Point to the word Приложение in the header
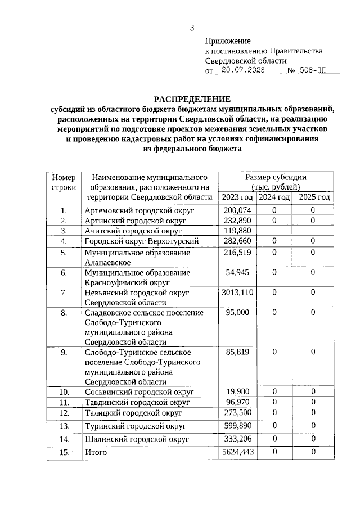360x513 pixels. (227, 40)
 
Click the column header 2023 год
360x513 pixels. (237, 197)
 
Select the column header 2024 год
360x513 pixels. (274, 197)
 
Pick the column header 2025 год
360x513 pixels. (314, 197)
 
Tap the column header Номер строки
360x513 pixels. (64, 182)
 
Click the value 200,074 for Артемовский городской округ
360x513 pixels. (237, 210)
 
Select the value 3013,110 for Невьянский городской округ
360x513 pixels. (237, 292)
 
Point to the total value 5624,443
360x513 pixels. (237, 452)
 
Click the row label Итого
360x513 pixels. (95, 452)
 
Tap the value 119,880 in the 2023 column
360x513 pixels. (237, 231)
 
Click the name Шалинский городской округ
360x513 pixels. (135, 439)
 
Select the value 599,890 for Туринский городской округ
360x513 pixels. (237, 426)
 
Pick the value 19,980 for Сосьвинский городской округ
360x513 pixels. (237, 391)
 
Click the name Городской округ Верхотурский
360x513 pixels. (141, 241)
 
